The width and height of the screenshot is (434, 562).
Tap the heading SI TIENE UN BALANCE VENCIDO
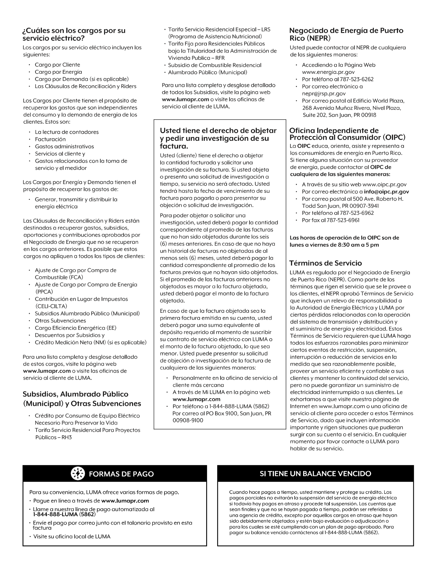click(315, 473)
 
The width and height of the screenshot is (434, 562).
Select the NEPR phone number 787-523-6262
click(356, 79)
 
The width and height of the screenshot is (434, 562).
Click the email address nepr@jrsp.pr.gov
click(324, 94)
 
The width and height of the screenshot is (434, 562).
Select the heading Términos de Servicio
click(326, 263)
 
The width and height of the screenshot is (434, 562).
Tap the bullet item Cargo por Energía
click(58, 72)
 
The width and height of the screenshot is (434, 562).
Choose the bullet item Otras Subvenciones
click(60, 321)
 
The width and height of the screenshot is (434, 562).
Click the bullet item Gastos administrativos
click(64, 146)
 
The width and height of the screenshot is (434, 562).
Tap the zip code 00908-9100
click(188, 420)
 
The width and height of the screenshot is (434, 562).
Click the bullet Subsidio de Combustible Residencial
click(215, 65)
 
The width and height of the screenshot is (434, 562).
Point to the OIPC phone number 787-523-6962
click(356, 213)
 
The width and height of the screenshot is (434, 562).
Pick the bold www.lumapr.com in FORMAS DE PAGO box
click(125, 501)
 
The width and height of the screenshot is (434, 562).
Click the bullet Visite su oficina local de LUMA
click(72, 536)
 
